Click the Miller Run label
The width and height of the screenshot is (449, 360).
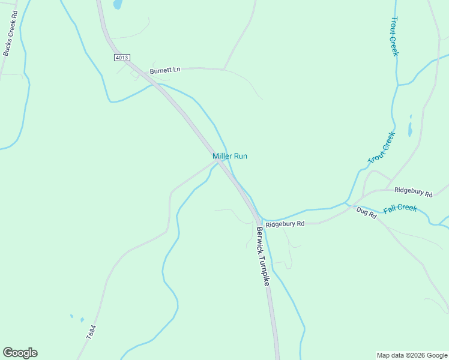230,156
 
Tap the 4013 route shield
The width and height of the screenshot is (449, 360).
121,58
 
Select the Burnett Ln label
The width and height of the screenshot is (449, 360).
165,70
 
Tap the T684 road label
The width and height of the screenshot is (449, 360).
91,332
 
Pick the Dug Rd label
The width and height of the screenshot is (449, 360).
366,212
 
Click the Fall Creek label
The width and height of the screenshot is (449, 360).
400,208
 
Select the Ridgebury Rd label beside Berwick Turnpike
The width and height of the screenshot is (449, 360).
285,224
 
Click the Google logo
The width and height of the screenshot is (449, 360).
20,353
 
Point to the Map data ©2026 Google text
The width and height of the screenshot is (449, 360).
412,355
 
